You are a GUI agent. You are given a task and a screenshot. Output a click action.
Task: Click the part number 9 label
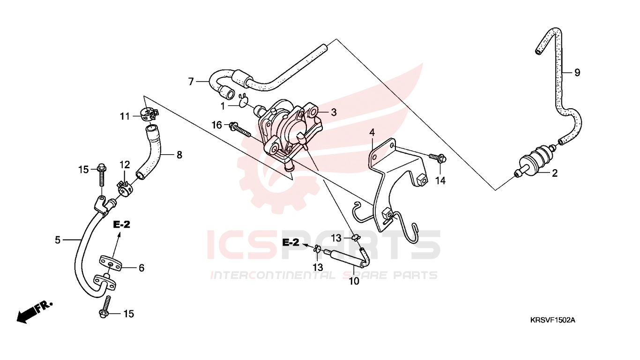coord(577,73)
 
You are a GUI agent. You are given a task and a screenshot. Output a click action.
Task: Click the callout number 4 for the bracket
coord(372,132)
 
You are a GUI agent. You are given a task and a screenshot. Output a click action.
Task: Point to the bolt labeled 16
coord(240,130)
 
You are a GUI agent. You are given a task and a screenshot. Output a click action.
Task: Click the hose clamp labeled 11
coord(149,116)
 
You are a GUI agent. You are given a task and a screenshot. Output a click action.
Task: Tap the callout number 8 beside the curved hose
coord(179,155)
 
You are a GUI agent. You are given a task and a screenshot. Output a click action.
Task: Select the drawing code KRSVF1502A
coord(552,320)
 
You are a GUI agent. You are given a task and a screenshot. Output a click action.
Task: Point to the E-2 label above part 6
coord(121,225)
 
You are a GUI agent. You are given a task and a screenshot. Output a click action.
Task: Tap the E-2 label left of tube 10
coord(290,242)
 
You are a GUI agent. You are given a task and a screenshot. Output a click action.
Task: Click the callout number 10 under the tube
coord(354,281)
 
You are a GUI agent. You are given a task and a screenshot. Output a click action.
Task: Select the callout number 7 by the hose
coord(191,82)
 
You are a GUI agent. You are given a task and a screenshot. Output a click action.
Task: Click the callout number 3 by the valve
coord(334,112)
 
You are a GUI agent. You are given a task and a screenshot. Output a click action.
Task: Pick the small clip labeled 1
coord(243,101)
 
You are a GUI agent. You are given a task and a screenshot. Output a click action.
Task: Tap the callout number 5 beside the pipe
coord(58,240)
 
